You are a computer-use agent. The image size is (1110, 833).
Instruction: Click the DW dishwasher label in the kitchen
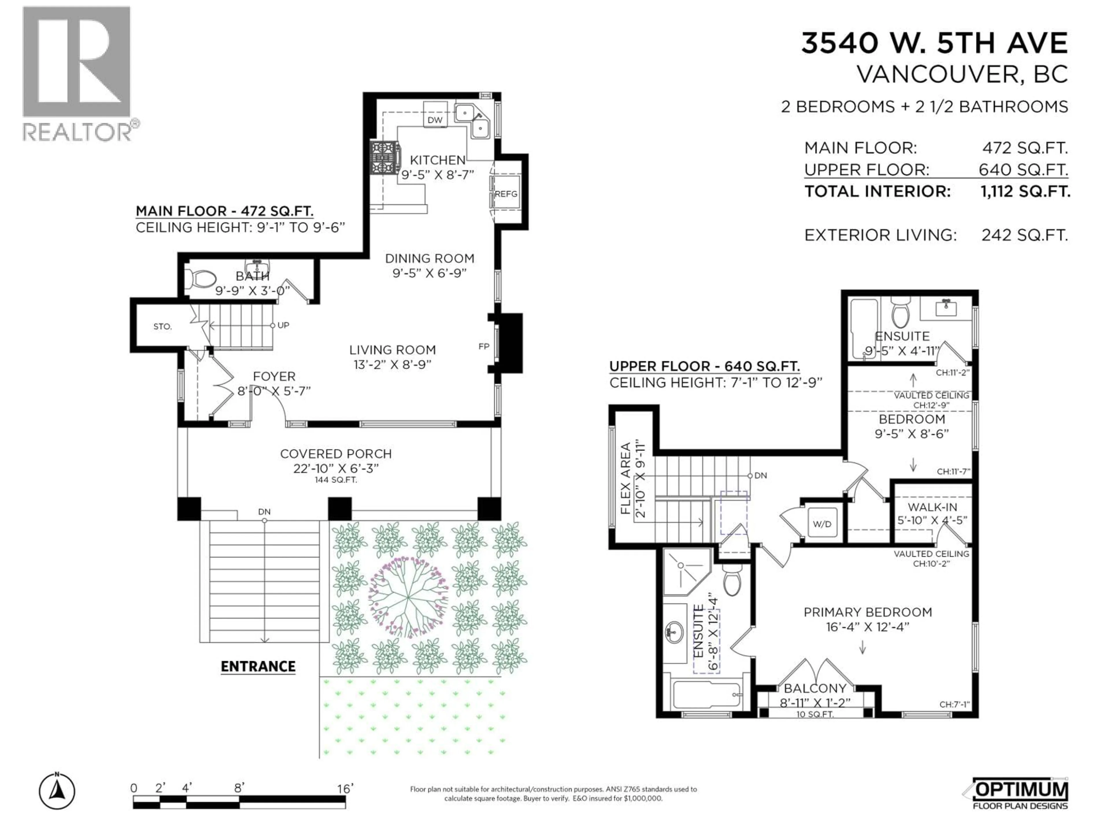(434, 120)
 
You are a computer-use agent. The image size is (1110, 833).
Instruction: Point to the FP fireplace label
(484, 347)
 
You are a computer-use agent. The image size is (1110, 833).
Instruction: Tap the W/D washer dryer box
(822, 524)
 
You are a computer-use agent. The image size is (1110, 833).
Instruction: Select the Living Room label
(393, 350)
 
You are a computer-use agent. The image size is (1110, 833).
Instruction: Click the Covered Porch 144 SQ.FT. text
(335, 480)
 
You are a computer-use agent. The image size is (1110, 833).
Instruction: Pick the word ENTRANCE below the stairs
(258, 666)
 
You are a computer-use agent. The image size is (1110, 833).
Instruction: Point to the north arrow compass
(57, 792)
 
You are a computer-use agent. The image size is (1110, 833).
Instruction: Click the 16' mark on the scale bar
(345, 789)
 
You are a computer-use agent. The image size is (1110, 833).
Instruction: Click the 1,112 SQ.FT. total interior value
(1025, 191)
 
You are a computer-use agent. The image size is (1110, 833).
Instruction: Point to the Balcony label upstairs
(815, 688)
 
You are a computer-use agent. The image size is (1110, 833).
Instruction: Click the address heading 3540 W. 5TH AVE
(934, 43)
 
